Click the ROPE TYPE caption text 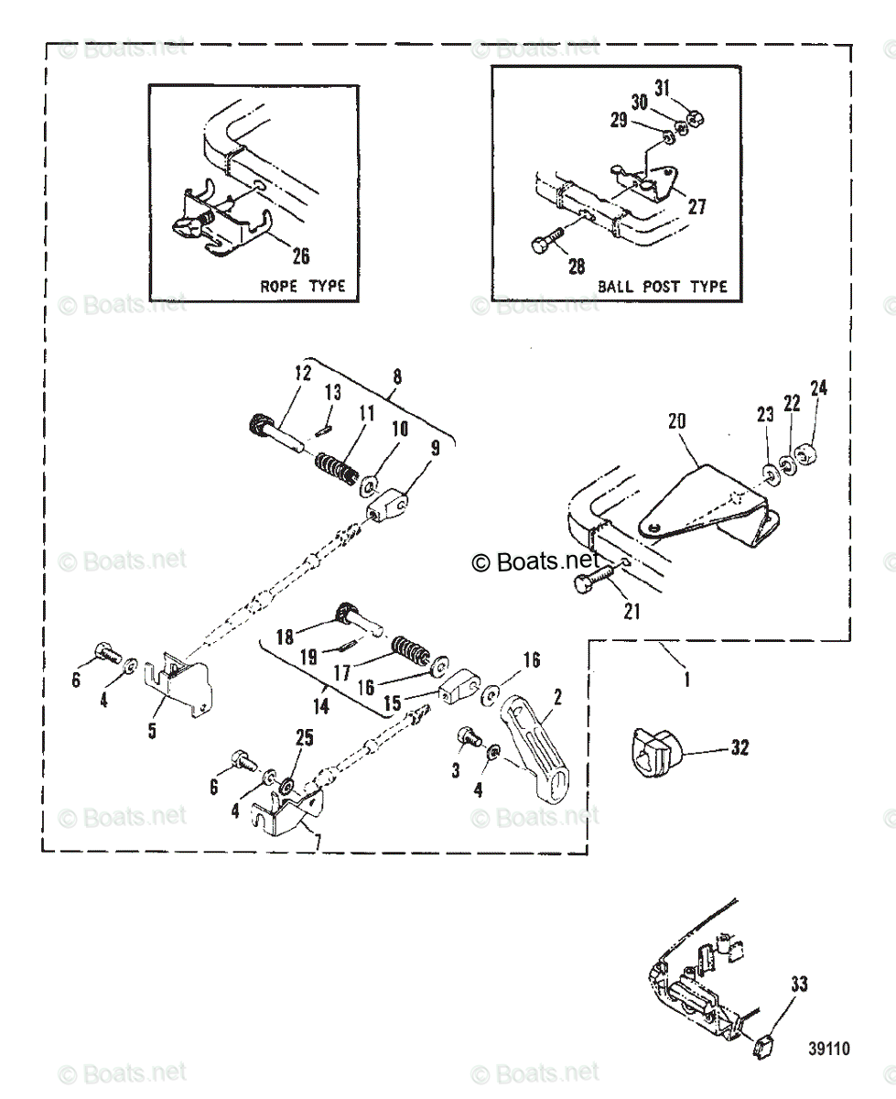pyautogui.click(x=303, y=286)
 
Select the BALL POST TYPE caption pyautogui.click(x=663, y=286)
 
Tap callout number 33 pyautogui.click(x=799, y=985)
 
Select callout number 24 pyautogui.click(x=818, y=388)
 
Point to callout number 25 pyautogui.click(x=303, y=735)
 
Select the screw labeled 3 pyautogui.click(x=468, y=737)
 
